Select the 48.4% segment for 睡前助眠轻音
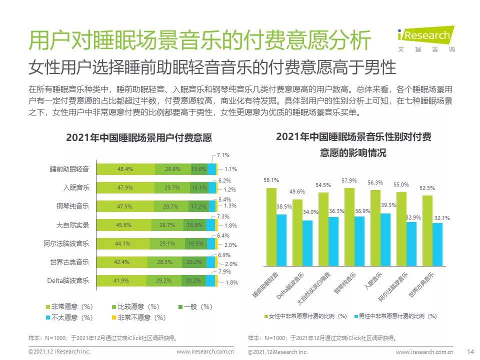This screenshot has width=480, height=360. (125, 169)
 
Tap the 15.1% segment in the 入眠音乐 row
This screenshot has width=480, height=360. (199, 187)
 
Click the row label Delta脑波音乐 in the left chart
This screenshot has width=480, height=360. (68, 281)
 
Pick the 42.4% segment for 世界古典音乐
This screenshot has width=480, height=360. (121, 262)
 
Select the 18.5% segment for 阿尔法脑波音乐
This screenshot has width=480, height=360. (195, 243)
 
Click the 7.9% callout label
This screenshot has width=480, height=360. (224, 271)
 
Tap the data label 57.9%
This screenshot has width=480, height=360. (349, 180)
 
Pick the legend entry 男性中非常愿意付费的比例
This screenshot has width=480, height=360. (398, 316)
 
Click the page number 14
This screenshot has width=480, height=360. (469, 352)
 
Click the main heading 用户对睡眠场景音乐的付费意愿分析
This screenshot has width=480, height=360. (200, 40)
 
